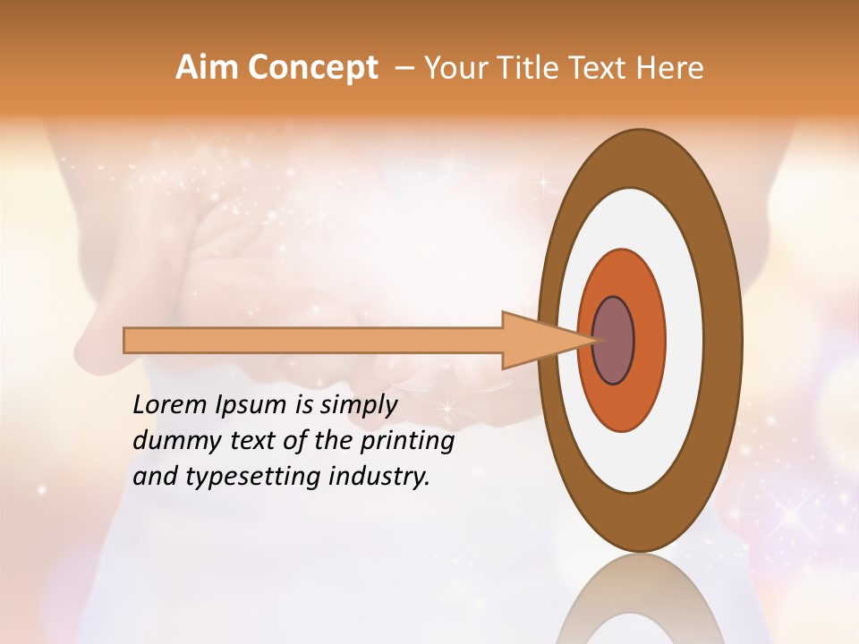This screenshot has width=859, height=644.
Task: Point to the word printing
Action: click(x=406, y=442)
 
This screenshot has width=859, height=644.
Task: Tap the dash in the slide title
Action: click(x=404, y=68)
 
